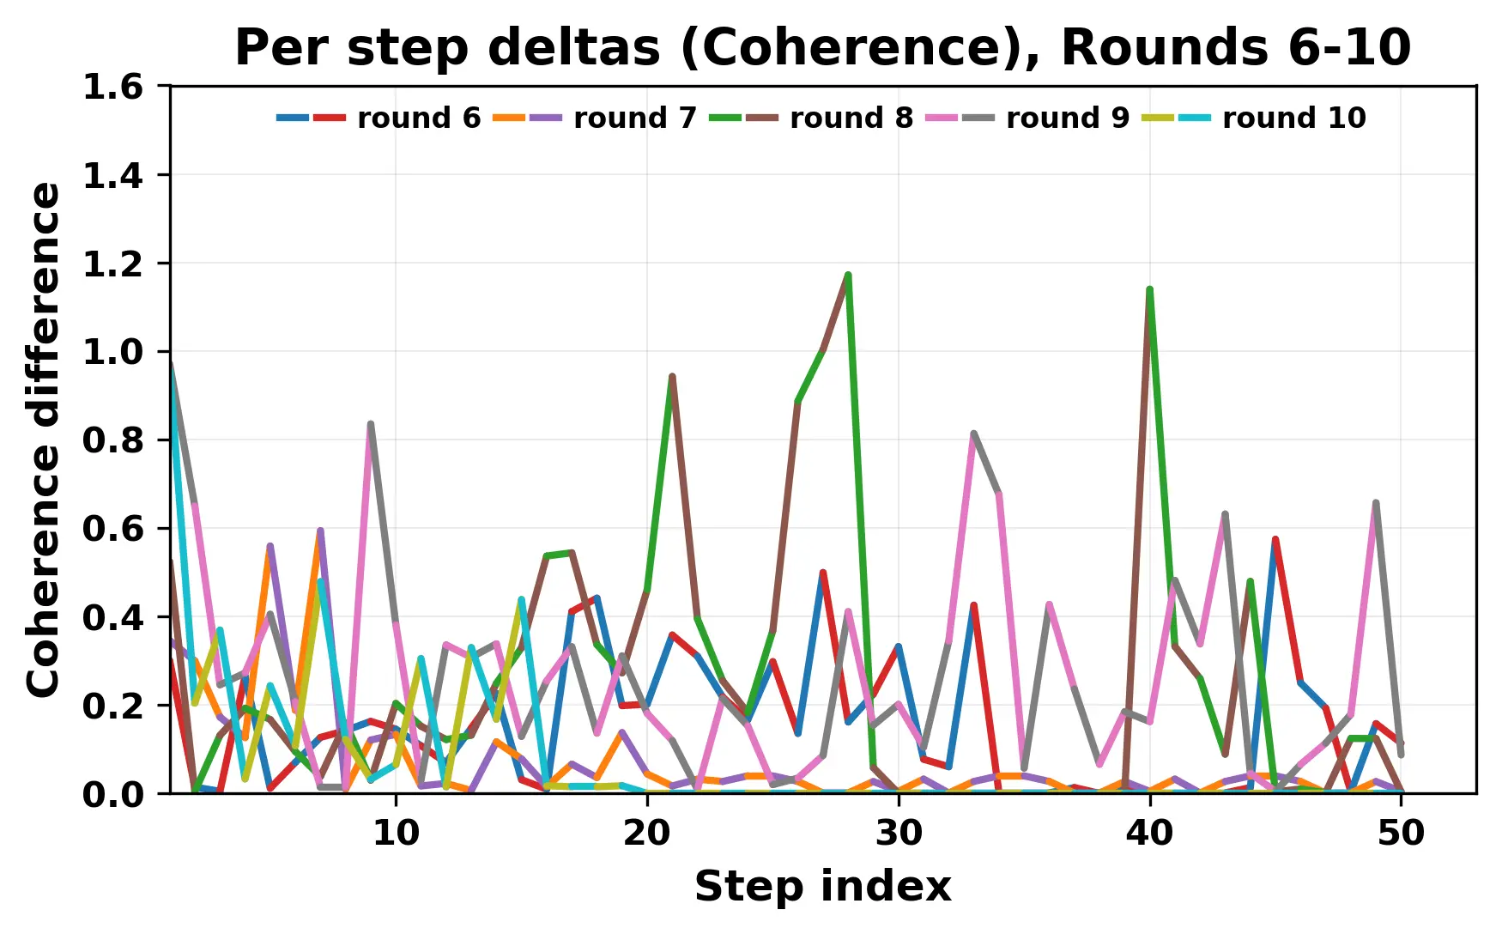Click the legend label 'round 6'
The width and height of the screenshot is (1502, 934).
click(x=419, y=118)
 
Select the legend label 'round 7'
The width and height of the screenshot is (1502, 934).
click(x=635, y=118)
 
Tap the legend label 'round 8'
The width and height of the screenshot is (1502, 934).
click(x=851, y=118)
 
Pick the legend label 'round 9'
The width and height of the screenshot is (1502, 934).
click(x=1068, y=118)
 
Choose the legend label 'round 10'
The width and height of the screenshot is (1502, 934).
click(x=1293, y=118)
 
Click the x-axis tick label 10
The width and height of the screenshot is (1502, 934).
click(x=396, y=833)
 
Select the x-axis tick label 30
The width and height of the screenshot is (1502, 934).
click(x=899, y=833)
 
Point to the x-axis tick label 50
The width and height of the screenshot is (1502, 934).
click(x=1401, y=833)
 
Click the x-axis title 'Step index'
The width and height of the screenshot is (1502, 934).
click(x=822, y=886)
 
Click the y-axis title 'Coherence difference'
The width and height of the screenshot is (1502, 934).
click(x=45, y=440)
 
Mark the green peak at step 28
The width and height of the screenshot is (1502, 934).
click(x=848, y=275)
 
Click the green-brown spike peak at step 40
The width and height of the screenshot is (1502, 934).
click(x=1149, y=289)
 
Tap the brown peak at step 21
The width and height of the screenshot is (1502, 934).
click(x=672, y=376)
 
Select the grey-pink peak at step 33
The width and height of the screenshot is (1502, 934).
click(x=973, y=434)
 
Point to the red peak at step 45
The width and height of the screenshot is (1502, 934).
click(x=1275, y=539)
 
